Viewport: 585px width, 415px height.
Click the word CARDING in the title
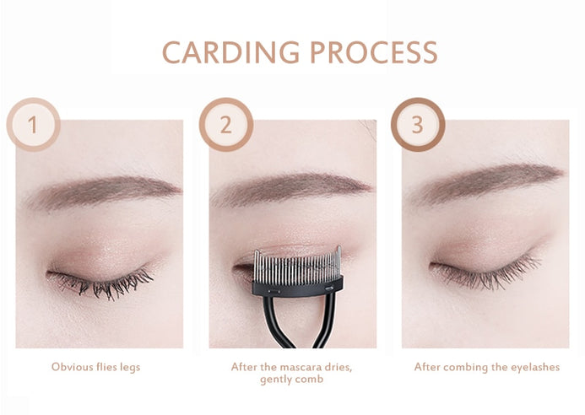coord(231,52)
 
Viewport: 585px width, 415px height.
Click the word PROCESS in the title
coord(374,52)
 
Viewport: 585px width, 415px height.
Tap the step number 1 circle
coord(33,125)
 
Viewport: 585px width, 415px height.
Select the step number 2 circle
coord(226,125)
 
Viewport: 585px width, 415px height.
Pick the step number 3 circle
coord(418,125)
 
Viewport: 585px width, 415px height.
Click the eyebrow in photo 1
coord(103,192)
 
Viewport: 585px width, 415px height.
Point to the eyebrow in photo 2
coord(291,188)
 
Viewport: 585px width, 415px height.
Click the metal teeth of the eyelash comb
coord(297,266)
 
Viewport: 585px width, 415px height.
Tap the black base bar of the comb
coord(297,287)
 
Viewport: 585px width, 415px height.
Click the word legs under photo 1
coord(130,368)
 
